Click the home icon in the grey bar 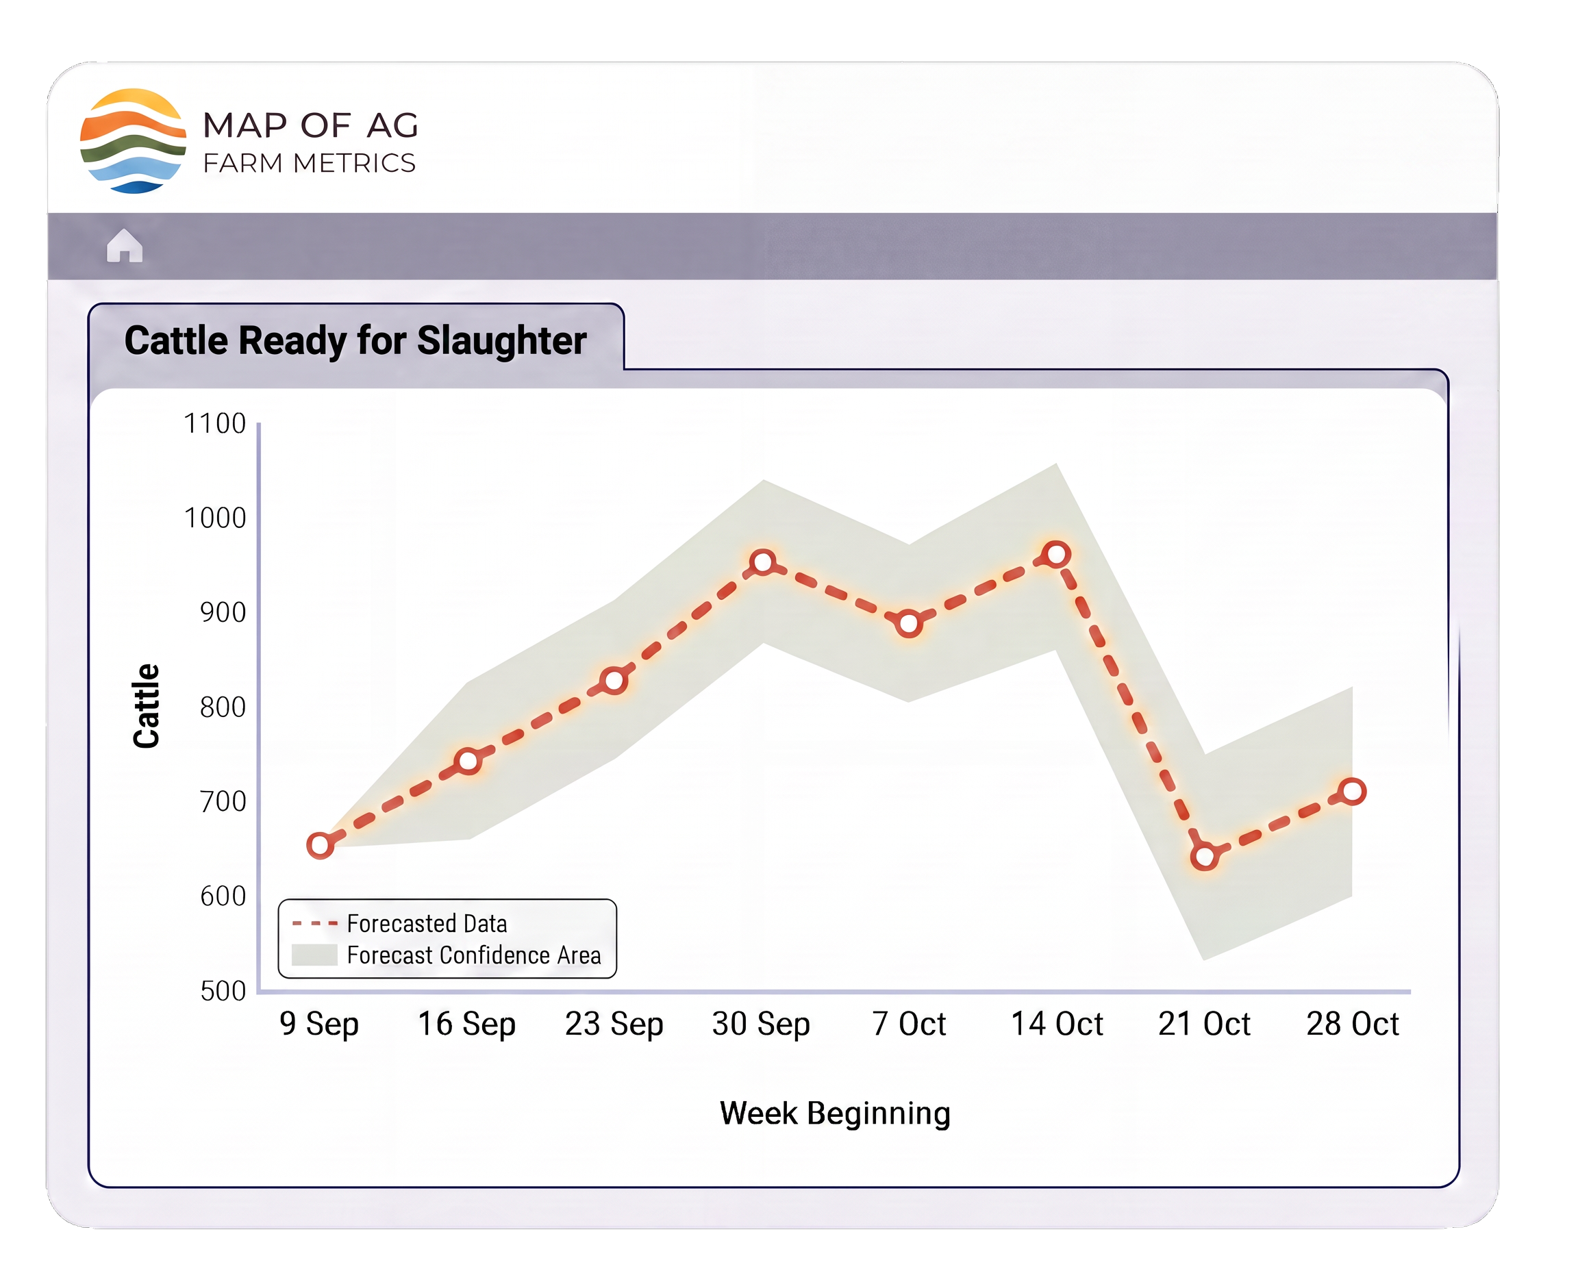125,245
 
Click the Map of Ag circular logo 133,140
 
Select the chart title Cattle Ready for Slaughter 355,340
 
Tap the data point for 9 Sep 320,845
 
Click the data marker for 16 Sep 468,762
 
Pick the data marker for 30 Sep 763,562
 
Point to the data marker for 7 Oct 909,624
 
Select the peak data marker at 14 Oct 1057,554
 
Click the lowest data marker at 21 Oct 1205,856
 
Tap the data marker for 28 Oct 1353,792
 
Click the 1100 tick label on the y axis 214,423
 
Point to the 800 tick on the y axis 223,707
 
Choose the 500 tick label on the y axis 223,991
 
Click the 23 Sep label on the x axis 614,1024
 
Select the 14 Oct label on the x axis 1057,1024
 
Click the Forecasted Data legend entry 400,923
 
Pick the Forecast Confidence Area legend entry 447,955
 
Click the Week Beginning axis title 835,1113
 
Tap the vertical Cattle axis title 146,706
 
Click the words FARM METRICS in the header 309,162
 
